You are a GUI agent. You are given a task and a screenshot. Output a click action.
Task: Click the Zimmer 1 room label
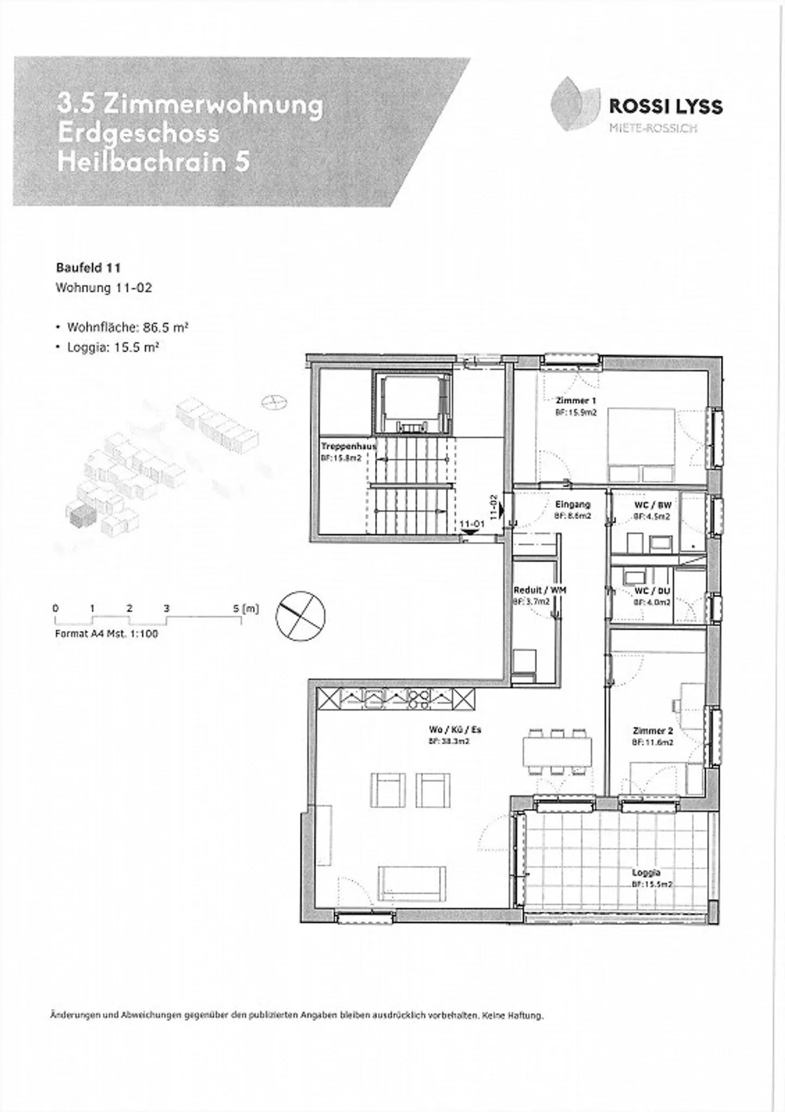[572, 400]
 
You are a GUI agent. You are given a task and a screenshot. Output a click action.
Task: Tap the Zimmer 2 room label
[653, 731]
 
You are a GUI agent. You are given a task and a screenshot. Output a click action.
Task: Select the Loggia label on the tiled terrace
[647, 873]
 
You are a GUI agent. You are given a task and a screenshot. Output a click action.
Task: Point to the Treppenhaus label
[348, 446]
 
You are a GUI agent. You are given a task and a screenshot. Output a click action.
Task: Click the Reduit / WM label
[539, 590]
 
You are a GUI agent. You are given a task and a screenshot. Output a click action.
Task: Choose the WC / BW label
[653, 505]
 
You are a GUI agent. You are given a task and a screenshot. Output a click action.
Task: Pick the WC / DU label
[653, 591]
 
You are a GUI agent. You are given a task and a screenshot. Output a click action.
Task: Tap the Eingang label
[572, 504]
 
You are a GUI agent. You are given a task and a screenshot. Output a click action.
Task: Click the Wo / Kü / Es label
[455, 730]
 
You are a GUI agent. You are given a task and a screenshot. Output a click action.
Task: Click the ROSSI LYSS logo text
[666, 106]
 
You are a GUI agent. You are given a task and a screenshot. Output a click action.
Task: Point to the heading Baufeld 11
[88, 268]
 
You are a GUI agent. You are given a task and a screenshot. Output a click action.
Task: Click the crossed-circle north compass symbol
[300, 616]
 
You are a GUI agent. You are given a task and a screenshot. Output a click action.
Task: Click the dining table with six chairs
[557, 751]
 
